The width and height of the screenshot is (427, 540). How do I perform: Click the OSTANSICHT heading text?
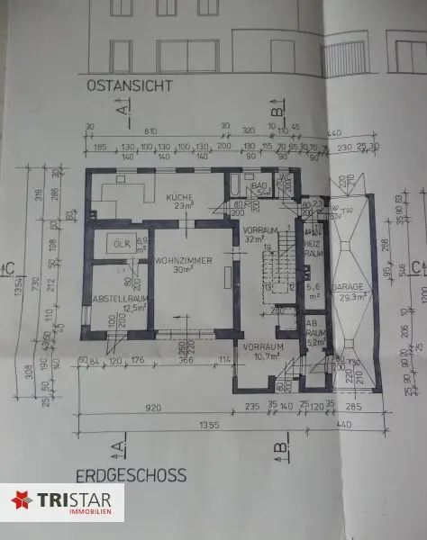point(130,87)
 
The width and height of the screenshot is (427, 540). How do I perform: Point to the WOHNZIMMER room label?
point(183,260)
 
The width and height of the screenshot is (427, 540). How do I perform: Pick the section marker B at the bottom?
point(280,444)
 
